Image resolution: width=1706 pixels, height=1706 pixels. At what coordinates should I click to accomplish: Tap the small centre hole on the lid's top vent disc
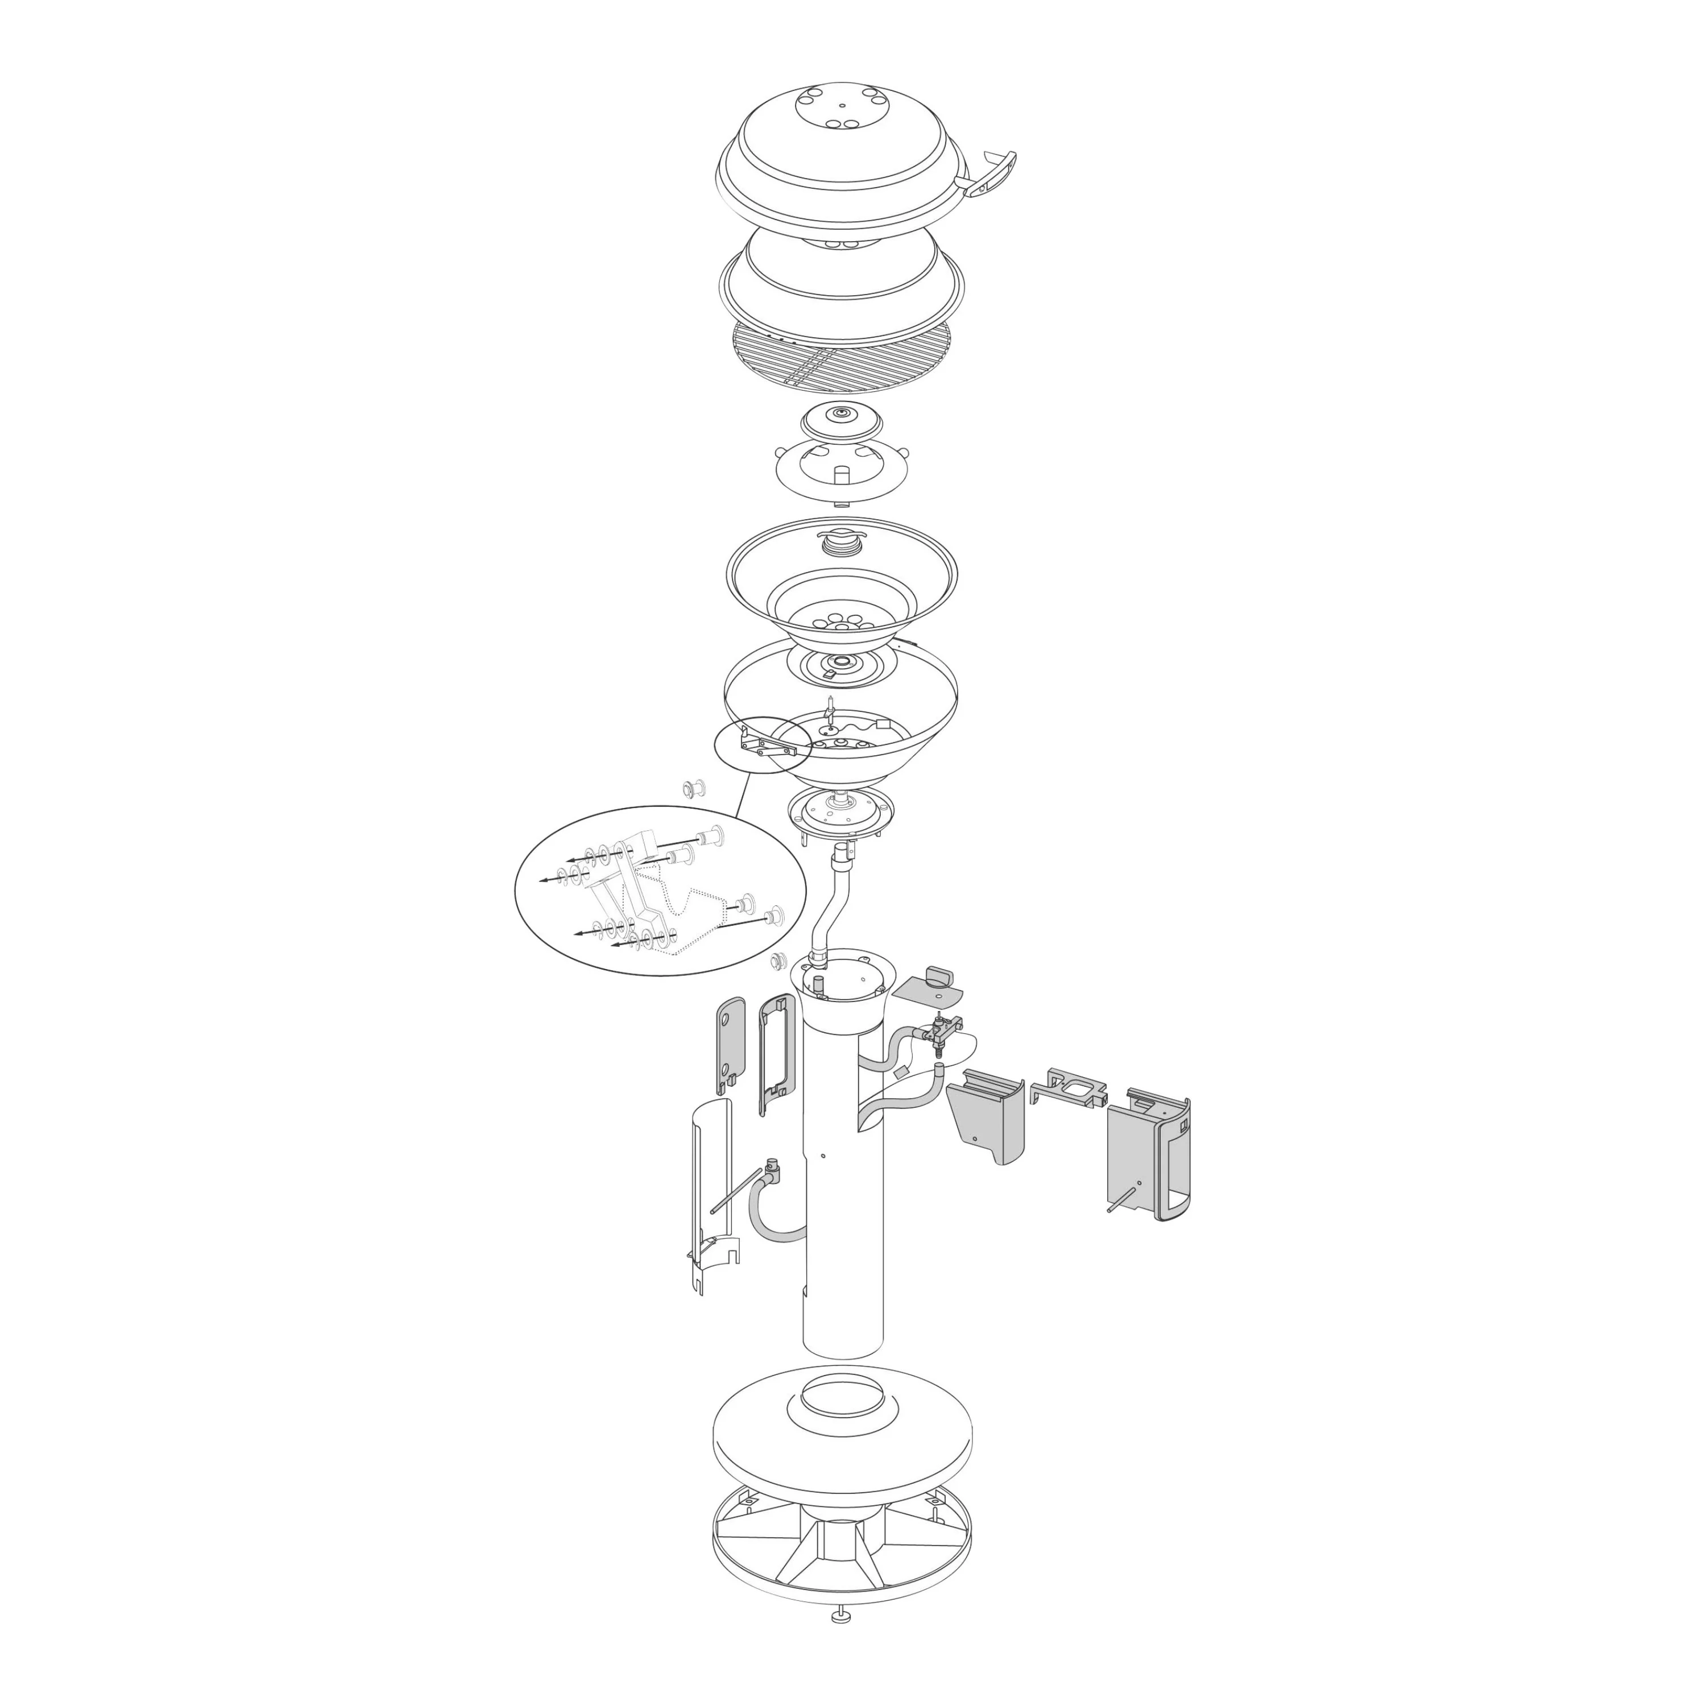coord(842,105)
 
